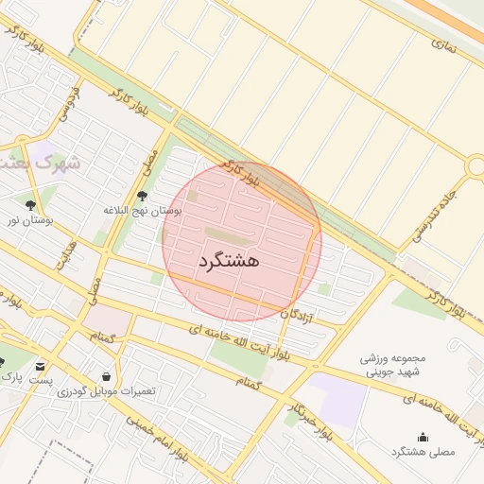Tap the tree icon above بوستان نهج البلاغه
click(143, 196)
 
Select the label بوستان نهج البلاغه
click(143, 210)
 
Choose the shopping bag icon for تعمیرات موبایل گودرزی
click(92, 374)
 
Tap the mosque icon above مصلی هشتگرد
click(422, 437)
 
